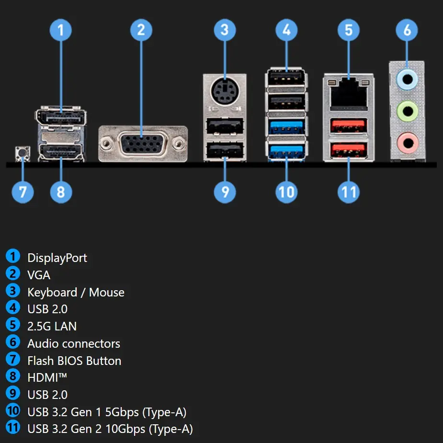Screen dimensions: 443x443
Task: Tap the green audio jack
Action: point(408,112)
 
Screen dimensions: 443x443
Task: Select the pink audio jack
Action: point(408,142)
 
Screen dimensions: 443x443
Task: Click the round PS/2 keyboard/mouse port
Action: point(224,90)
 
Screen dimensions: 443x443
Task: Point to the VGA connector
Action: point(142,143)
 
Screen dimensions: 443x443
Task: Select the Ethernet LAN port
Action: point(348,91)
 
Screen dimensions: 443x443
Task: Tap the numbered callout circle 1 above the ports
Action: point(61,30)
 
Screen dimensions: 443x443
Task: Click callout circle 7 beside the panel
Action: point(23,192)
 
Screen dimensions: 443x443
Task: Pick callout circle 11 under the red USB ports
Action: point(348,192)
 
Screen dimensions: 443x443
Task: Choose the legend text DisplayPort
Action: point(57,258)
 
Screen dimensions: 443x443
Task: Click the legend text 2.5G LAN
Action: point(52,327)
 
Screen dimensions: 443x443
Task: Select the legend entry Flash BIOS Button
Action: point(74,361)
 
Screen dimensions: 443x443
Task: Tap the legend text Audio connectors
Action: point(74,344)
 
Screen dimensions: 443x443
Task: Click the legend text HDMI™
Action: point(47,378)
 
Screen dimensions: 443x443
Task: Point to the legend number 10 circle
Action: point(13,410)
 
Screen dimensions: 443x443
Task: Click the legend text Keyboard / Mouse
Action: point(76,293)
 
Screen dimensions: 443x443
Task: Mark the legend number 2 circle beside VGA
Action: point(13,273)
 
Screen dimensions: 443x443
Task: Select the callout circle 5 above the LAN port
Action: point(348,30)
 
